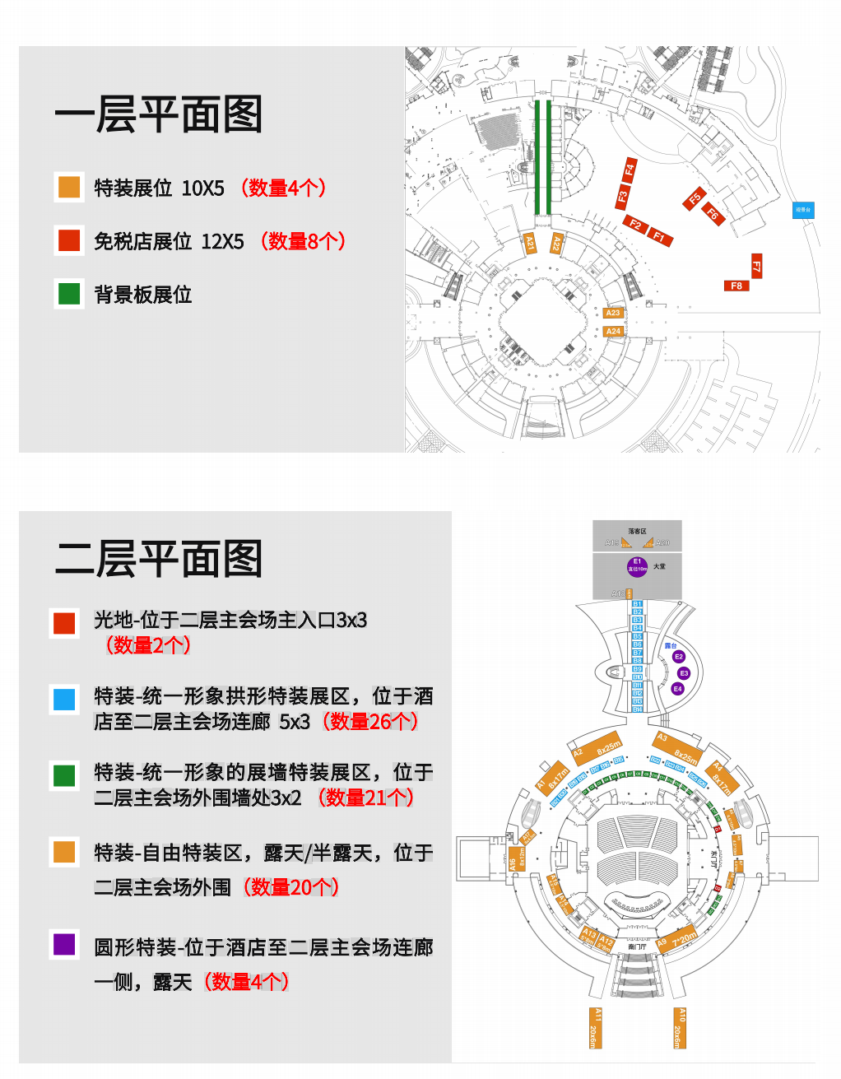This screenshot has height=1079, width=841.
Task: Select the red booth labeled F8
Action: tap(736, 286)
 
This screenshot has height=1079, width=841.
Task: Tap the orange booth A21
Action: tap(531, 243)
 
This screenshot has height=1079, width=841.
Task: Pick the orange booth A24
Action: tap(613, 332)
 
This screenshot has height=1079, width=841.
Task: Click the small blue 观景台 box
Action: tap(803, 210)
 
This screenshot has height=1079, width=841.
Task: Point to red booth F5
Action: tap(695, 199)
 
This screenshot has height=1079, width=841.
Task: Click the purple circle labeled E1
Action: tap(637, 566)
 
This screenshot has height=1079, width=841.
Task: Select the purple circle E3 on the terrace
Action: tap(684, 673)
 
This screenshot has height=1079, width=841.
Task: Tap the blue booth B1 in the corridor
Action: tap(637, 604)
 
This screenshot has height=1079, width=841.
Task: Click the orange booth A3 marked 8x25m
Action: tap(678, 747)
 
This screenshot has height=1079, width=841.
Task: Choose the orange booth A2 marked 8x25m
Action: tap(597, 747)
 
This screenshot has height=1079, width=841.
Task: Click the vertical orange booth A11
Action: tap(595, 1028)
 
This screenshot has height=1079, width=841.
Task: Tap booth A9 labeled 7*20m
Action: tap(676, 941)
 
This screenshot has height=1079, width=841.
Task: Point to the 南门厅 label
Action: tap(637, 947)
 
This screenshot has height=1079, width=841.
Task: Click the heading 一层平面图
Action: tap(159, 115)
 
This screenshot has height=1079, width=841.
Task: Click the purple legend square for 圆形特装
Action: tap(64, 944)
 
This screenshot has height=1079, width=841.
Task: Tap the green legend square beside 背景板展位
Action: tap(69, 294)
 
